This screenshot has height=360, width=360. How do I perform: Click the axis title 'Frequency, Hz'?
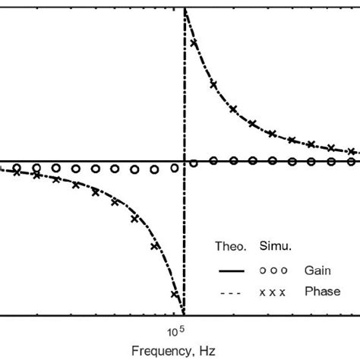178,351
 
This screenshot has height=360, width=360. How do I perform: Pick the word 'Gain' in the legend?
318,270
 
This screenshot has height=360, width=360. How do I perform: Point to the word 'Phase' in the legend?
321,292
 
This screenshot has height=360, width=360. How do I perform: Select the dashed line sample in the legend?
229,293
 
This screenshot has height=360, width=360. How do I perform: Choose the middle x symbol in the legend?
272,293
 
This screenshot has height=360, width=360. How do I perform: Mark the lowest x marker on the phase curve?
175,295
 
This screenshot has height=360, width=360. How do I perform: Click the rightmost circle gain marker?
351,161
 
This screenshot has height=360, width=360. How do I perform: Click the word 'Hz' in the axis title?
210,351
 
